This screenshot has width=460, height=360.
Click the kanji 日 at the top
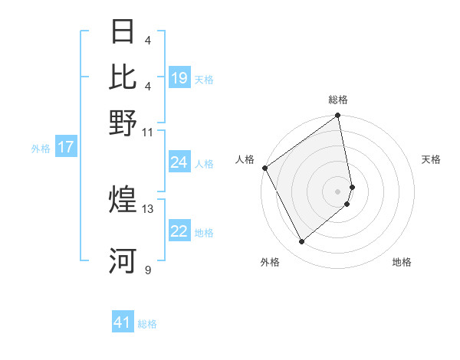(123, 32)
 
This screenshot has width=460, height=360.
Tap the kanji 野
(123, 123)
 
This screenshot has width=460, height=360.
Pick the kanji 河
(123, 261)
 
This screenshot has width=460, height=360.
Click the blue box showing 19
(179, 78)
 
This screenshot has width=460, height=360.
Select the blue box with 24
(179, 162)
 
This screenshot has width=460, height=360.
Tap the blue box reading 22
(179, 232)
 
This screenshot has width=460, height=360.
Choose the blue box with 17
(65, 148)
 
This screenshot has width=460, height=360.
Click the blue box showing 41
(123, 323)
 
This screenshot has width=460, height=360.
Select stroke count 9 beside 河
(147, 270)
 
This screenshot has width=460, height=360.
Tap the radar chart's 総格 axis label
(338, 100)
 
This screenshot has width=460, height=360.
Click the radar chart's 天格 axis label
(431, 159)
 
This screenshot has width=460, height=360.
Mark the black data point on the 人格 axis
(264, 168)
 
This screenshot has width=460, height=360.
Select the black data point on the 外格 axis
(301, 242)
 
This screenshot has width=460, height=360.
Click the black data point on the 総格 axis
(338, 116)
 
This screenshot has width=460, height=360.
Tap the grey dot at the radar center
(338, 191)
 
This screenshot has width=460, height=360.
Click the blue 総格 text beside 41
(147, 324)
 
